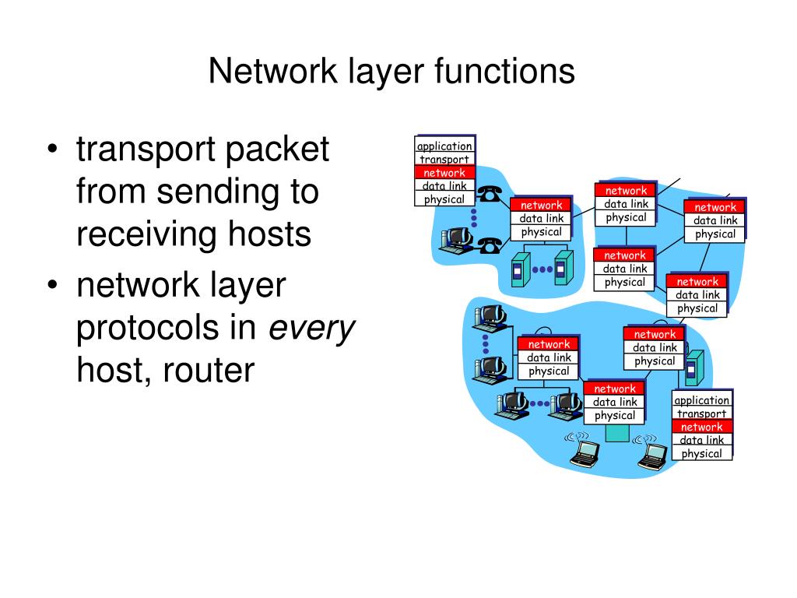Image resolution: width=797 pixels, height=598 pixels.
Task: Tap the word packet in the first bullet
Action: (x=278, y=149)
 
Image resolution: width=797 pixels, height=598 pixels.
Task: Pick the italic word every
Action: (x=311, y=329)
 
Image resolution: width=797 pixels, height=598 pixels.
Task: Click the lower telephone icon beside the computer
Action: (x=489, y=245)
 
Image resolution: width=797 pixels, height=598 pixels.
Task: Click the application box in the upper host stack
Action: (x=444, y=146)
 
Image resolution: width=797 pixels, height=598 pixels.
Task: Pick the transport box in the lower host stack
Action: (x=701, y=413)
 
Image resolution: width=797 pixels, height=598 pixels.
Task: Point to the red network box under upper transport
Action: (x=444, y=173)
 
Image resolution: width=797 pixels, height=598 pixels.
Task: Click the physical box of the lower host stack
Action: (x=701, y=453)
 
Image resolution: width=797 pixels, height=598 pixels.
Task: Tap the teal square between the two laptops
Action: (x=616, y=433)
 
